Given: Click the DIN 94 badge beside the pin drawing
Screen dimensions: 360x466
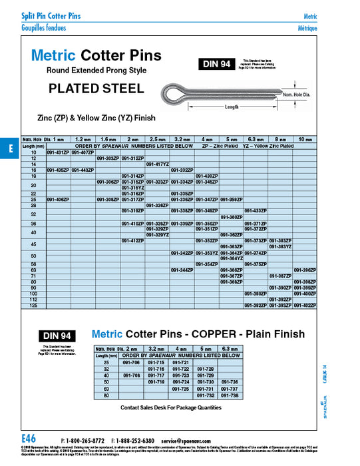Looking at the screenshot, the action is click(214, 65).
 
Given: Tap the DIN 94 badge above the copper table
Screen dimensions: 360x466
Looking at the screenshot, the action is click(57, 336).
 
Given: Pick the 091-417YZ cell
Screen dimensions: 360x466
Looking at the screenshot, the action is click(158, 164).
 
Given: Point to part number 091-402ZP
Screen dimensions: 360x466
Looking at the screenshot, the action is click(304, 306).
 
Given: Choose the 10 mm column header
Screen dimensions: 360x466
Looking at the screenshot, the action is click(304, 139).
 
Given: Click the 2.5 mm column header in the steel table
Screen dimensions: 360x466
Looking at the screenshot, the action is click(158, 139).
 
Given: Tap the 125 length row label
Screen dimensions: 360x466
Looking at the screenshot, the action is click(33, 306).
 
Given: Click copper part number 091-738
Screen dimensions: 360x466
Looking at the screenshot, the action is click(229, 395).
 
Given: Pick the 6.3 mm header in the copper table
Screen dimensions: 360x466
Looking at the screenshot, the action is click(229, 349).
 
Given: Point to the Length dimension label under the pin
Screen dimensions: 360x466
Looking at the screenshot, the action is click(232, 107).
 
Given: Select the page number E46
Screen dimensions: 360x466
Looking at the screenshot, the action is click(28, 439).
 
